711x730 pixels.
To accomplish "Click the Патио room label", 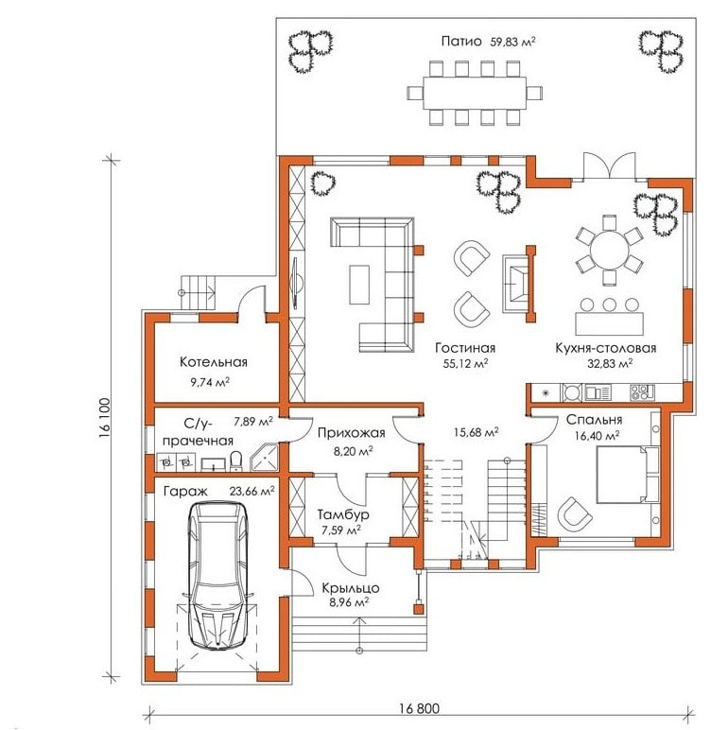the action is (x=461, y=42).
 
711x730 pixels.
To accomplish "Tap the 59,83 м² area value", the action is (x=512, y=42).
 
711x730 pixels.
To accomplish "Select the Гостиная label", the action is (x=465, y=348).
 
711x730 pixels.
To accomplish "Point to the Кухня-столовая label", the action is (x=605, y=348).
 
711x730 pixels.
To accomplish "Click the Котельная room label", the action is (x=214, y=362).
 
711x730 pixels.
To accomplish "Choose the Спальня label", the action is (x=594, y=420).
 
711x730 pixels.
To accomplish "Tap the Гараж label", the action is (x=185, y=491).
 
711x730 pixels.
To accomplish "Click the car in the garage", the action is (x=217, y=575).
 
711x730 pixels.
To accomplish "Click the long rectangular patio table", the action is (x=475, y=93).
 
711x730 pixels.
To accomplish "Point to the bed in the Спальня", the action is (x=627, y=475).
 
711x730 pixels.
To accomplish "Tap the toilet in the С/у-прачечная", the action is (x=236, y=461).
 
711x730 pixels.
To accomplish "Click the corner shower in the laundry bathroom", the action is (x=265, y=457).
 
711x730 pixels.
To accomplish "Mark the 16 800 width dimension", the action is (x=419, y=708).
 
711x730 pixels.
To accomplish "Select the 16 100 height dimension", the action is (x=105, y=418).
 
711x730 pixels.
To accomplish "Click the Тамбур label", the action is (x=343, y=514).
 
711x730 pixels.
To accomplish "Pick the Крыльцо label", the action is (x=351, y=587).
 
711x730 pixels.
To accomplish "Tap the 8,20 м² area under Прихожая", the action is (x=352, y=451).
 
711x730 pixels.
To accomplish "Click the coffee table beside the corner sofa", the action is (x=359, y=285).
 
